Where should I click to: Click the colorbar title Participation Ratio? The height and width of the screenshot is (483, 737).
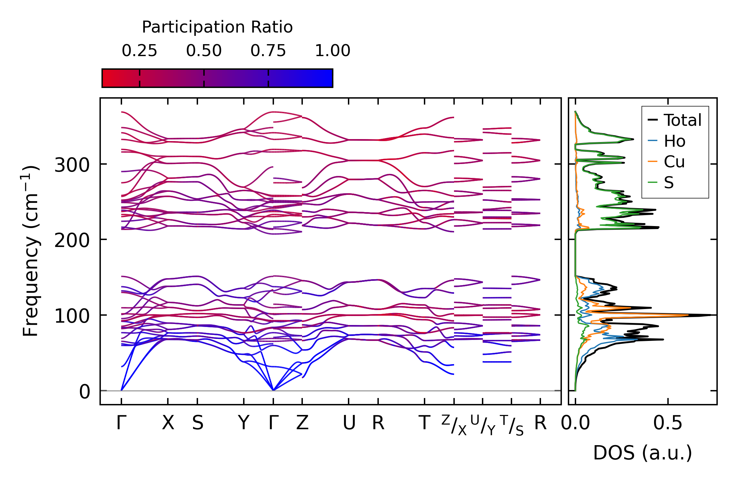coord(217,27)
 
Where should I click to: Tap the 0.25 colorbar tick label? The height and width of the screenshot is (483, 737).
coord(139,51)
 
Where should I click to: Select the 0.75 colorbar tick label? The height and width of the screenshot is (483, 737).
coord(268,51)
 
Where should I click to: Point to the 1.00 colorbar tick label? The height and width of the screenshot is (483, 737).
coord(332,51)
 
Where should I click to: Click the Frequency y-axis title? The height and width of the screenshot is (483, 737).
coord(31,251)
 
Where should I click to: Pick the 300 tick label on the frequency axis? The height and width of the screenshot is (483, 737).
coord(72,165)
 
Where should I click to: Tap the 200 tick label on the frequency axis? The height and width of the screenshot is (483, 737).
coord(72,240)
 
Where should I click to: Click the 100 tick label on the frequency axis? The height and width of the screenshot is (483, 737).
coord(72,316)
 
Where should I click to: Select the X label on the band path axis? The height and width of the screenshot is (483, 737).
coord(168,423)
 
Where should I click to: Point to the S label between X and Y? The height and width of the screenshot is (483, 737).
coord(198,423)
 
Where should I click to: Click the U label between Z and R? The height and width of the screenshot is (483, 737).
coord(349,423)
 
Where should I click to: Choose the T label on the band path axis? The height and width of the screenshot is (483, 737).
coord(424,423)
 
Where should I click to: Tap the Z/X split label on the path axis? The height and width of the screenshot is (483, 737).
coord(454,425)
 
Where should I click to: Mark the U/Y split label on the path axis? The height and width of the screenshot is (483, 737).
coord(483,425)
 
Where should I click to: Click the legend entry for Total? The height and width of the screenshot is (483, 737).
coord(682,120)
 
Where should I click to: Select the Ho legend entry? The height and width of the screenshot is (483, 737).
coord(674,141)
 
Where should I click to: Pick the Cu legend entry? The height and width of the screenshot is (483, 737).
coord(674,162)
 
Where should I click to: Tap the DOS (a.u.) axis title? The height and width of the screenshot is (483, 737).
coord(642,453)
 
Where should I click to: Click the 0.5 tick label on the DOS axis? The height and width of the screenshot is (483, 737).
coord(668,423)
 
